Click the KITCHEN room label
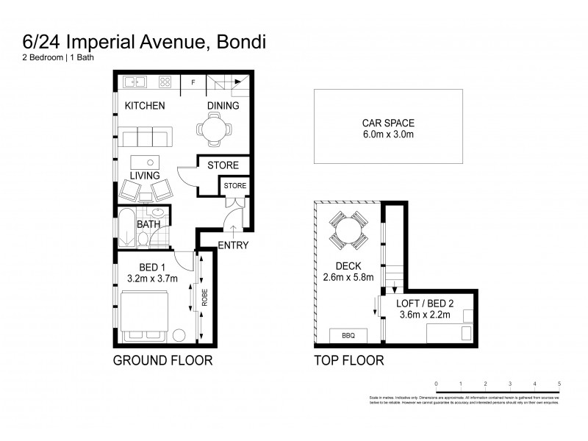click(145, 106)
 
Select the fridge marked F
click(193, 82)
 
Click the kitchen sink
click(136, 82)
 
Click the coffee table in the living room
click(147, 162)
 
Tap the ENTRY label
click(234, 245)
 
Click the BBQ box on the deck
click(348, 335)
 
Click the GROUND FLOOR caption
click(162, 361)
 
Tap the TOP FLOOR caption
click(348, 361)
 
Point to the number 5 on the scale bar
click(560, 384)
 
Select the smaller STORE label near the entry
click(235, 186)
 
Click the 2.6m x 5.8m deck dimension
click(348, 278)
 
